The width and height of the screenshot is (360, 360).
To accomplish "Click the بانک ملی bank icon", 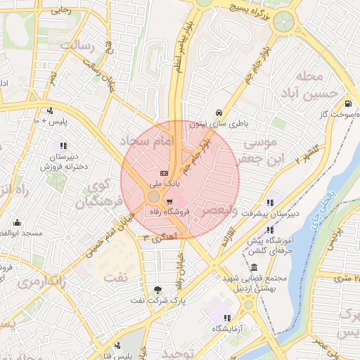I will pyautogui.click(x=164, y=173).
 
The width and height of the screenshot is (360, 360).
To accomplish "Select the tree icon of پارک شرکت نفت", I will pyautogui.click(x=157, y=289).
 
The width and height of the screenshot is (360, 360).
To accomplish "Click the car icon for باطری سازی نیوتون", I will pyautogui.click(x=219, y=112).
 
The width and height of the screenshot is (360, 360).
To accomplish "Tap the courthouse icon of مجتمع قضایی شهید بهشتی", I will pyautogui.click(x=253, y=267).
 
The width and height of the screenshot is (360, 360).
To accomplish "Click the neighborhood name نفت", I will pyautogui.click(x=117, y=276).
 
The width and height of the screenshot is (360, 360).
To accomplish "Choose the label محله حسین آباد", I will pyautogui.click(x=309, y=84).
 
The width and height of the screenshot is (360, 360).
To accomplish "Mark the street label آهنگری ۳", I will pyautogui.click(x=156, y=238).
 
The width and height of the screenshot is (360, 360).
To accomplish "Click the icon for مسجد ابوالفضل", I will pyautogui.click(x=17, y=221).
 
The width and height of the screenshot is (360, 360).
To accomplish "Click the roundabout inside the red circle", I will pyautogui.click(x=154, y=197).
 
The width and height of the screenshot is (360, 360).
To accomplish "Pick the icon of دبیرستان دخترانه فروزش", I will pyautogui.click(x=60, y=146).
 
